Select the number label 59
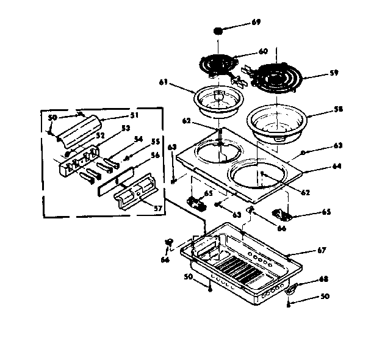coord(333,73)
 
